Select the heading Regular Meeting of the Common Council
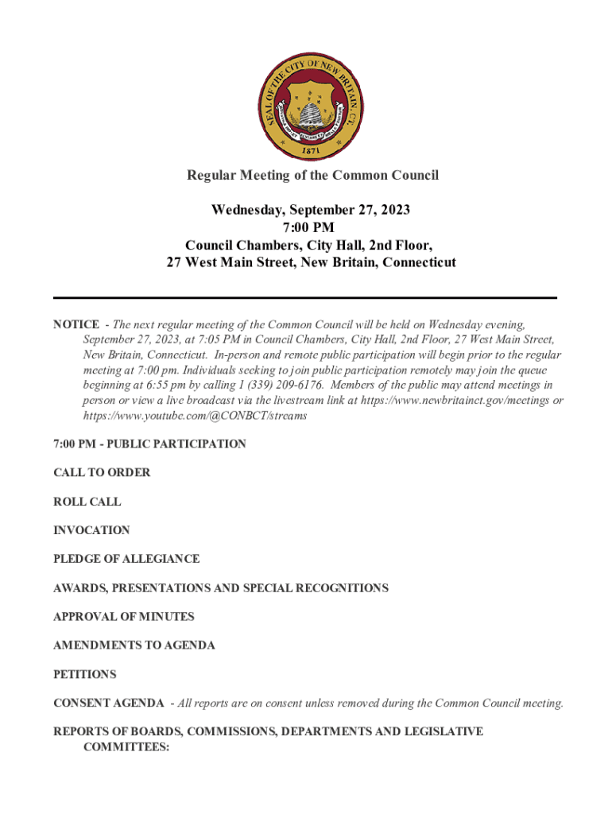(x=312, y=175)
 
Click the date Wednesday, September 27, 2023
(x=311, y=210)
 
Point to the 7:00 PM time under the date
(x=311, y=227)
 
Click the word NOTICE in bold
(x=76, y=324)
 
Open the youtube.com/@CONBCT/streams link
(x=195, y=416)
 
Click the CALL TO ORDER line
(x=102, y=473)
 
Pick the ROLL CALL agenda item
(x=87, y=502)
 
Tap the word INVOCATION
(x=91, y=530)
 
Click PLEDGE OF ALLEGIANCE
(x=126, y=559)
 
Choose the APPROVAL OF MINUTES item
(x=124, y=617)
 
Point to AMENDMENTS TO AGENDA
(x=134, y=645)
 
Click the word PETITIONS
(x=84, y=674)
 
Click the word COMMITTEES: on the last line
(x=126, y=747)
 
